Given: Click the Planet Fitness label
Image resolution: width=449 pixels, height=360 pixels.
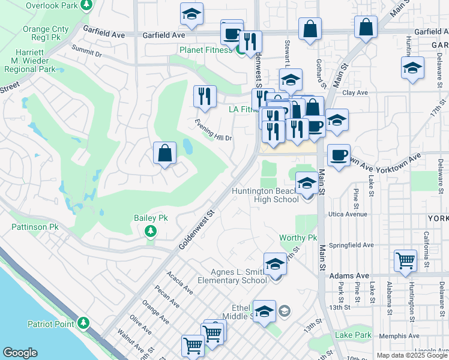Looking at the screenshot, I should click(206, 50).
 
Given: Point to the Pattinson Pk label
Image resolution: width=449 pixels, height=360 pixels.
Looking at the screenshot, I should click(35, 227).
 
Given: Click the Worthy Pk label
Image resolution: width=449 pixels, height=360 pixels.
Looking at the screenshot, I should click(298, 238).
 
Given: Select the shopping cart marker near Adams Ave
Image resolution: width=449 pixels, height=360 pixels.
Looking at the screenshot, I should click(406, 261).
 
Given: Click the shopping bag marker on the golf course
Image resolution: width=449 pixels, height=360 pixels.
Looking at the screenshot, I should click(165, 153).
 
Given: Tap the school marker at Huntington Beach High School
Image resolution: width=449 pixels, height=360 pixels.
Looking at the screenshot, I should click(307, 184).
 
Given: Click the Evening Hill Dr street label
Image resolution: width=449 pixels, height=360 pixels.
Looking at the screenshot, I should click(213, 130).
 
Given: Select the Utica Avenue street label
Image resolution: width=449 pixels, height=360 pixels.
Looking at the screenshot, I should click(347, 214).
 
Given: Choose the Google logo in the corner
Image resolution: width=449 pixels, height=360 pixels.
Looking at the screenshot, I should click(20, 353).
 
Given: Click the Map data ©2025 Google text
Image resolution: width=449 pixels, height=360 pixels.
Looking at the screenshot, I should click(411, 355).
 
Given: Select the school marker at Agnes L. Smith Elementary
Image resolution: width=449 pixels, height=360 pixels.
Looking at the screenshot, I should click(275, 264).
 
